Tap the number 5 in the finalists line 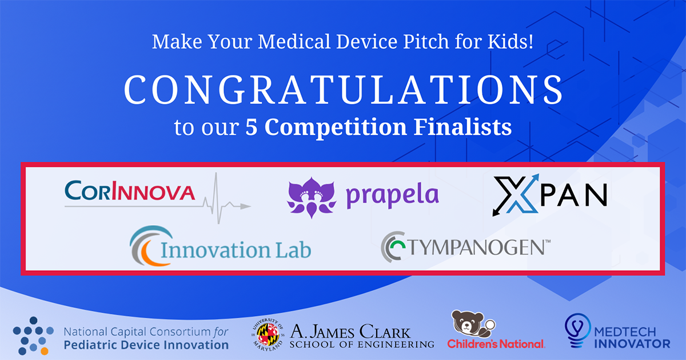pyautogui.click(x=250, y=127)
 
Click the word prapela pyautogui.click(x=393, y=195)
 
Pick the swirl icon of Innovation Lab pyautogui.click(x=147, y=247)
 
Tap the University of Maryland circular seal pyautogui.click(x=268, y=335)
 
